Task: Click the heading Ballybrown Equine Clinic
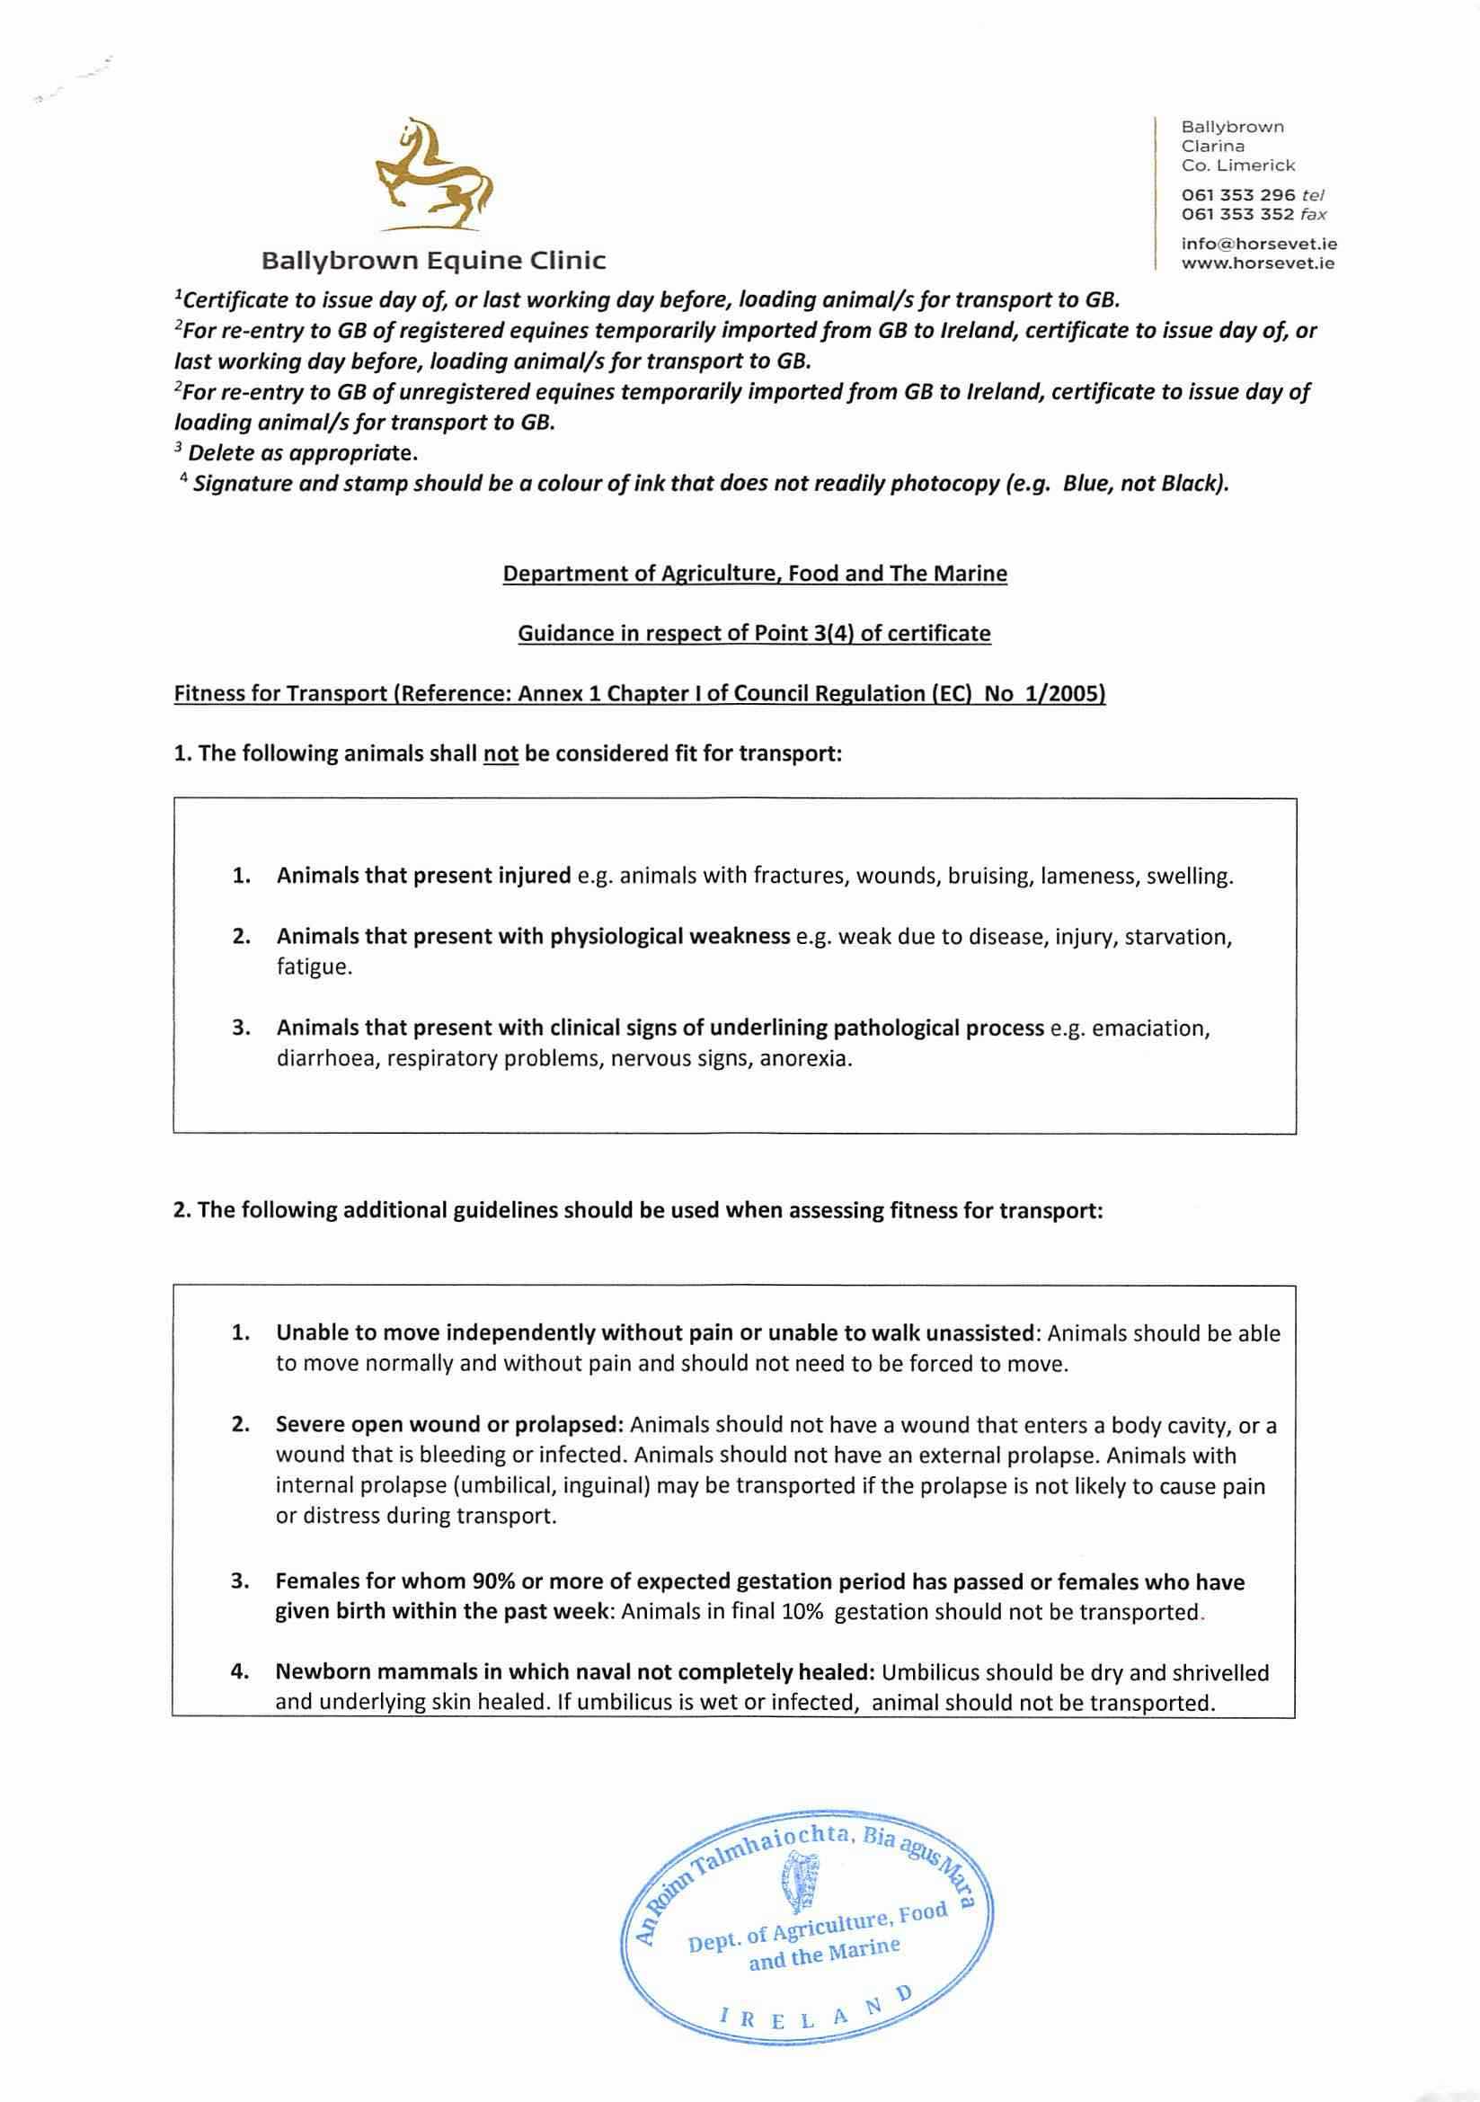coord(433,261)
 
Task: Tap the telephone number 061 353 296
coord(1237,195)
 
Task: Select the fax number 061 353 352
coord(1237,214)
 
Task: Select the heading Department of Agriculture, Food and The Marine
coord(755,574)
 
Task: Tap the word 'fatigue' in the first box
coord(313,967)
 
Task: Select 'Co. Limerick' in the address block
coord(1238,165)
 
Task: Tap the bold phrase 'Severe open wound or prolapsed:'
coord(449,1425)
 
